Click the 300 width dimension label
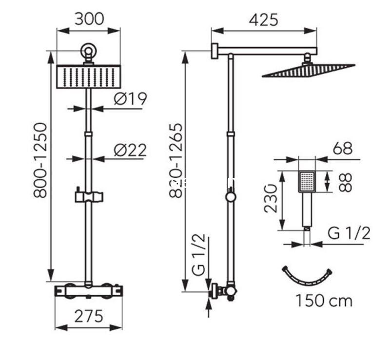[89, 19]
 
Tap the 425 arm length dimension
[263, 20]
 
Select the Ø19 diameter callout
[130, 99]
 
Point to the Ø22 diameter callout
[130, 151]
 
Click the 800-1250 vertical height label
[40, 160]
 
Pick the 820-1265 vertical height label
[176, 160]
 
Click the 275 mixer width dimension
[89, 316]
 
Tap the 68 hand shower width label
[342, 149]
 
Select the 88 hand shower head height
[345, 182]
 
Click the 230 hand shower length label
[271, 199]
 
